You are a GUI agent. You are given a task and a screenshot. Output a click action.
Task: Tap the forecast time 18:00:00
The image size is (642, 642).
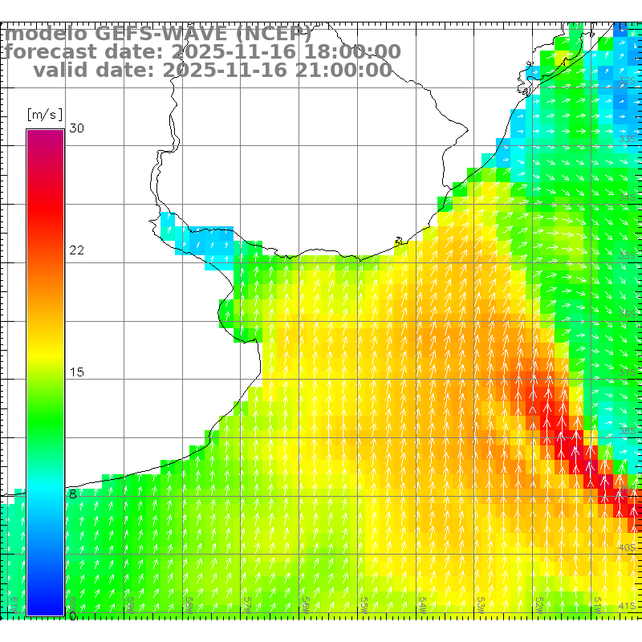(352, 52)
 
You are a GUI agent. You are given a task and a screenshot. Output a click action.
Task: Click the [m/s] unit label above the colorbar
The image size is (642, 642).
(44, 115)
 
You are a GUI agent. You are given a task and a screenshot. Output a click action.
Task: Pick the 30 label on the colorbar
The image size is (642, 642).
(77, 128)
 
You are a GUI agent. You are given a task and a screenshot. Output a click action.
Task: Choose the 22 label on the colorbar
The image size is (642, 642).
(77, 250)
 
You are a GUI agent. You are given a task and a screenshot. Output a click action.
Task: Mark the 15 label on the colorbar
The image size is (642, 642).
(77, 372)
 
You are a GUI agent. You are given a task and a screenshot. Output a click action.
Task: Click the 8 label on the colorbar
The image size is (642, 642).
(73, 494)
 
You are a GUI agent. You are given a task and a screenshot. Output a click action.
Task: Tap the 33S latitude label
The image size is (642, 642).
(628, 140)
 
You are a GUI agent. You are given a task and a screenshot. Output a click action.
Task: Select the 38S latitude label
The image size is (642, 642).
(628, 432)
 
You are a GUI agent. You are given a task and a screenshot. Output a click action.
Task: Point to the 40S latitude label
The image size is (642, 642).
(628, 548)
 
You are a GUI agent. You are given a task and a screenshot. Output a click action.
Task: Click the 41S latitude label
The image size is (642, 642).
(628, 606)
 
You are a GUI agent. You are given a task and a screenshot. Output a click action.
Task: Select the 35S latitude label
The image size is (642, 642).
(628, 256)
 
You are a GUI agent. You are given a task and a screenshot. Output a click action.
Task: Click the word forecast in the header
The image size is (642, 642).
(56, 52)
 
